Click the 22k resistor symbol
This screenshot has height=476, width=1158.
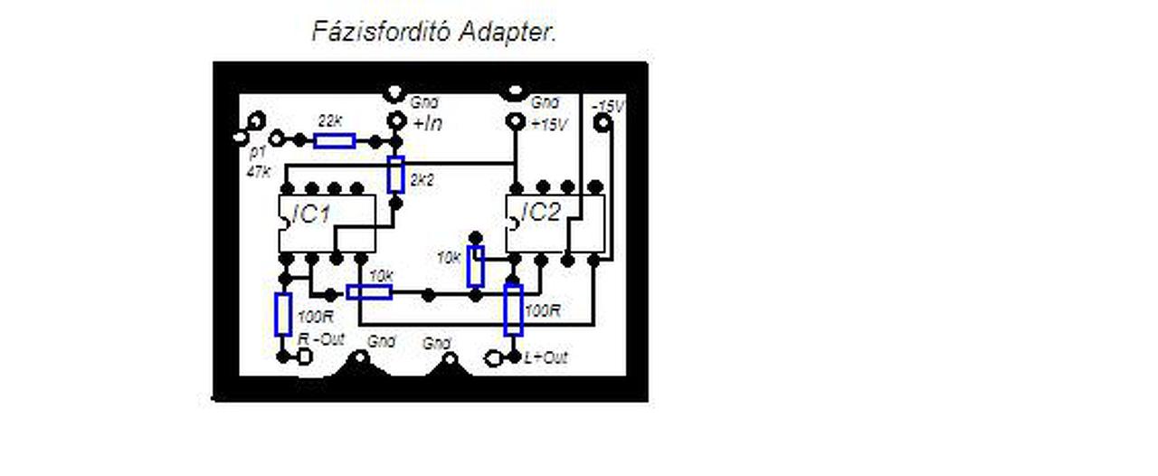click(334, 140)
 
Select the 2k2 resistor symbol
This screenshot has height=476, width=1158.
click(395, 175)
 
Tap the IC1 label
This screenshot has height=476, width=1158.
click(311, 215)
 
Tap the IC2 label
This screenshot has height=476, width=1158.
click(541, 213)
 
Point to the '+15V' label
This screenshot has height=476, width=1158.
click(549, 124)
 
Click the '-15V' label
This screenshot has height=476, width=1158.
click(608, 107)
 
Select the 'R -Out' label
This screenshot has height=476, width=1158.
click(322, 338)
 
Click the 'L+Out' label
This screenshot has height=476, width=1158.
click(546, 358)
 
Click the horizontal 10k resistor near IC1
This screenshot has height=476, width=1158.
click(369, 291)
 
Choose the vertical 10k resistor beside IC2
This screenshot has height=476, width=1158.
click(476, 266)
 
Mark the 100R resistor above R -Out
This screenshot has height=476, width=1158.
click(283, 314)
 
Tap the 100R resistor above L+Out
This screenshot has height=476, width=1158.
click(513, 309)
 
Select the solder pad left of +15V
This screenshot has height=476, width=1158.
click(515, 121)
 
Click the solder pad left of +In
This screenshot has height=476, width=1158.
click(395, 121)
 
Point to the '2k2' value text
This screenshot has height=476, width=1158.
click(422, 180)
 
